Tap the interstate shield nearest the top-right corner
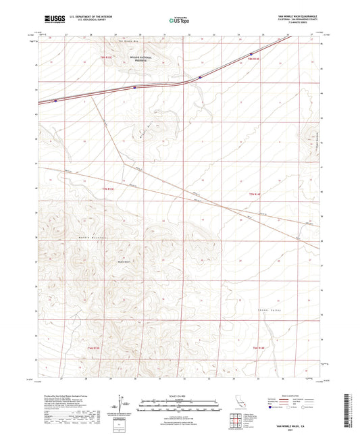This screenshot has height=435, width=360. coord(251,54)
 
